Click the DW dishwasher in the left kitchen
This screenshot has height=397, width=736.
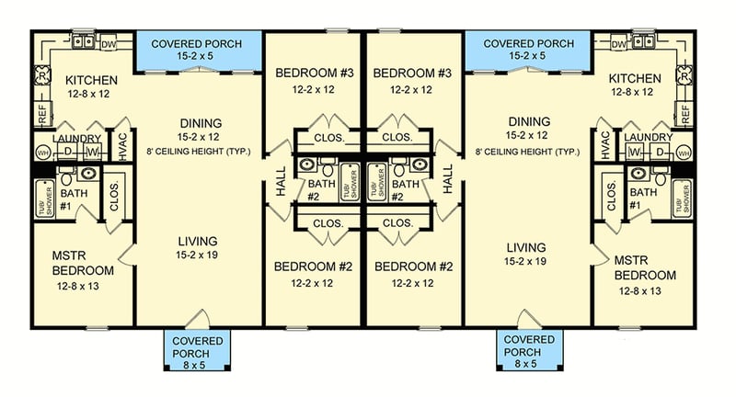pyautogui.click(x=109, y=43)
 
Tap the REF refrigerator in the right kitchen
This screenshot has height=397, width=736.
pyautogui.click(x=684, y=114)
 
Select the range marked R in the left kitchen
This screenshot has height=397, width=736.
pyautogui.click(x=41, y=78)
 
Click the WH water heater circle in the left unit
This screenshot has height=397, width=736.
pyautogui.click(x=41, y=153)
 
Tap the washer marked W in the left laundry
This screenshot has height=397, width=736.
pyautogui.click(x=92, y=152)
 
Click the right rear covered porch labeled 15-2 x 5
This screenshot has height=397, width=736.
pyautogui.click(x=529, y=50)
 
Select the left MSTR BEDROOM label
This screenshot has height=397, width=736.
pyautogui.click(x=83, y=264)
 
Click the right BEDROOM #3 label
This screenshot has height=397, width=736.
pyautogui.click(x=410, y=74)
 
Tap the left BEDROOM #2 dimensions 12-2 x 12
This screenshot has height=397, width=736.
pyautogui.click(x=314, y=283)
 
